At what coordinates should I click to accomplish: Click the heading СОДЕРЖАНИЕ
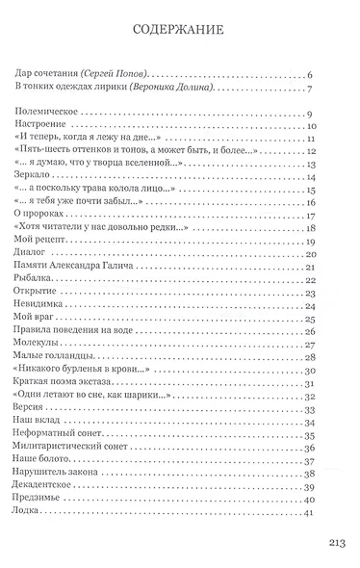[x=181, y=31]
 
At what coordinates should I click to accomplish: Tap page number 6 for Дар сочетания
[x=339, y=74]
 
